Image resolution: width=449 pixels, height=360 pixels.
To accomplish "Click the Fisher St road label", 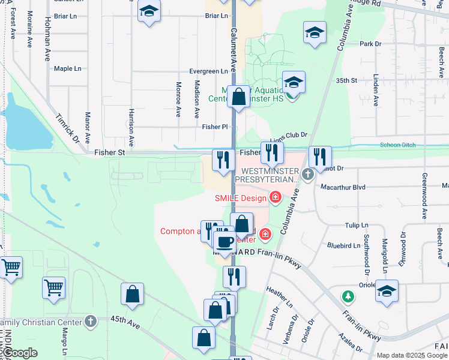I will (109, 153).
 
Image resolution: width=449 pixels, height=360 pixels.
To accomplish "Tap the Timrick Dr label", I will (68, 127).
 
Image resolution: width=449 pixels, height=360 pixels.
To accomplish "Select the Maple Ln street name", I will (67, 69).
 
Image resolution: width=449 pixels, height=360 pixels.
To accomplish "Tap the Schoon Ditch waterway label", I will (396, 146).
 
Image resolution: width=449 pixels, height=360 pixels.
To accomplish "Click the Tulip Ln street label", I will (357, 225).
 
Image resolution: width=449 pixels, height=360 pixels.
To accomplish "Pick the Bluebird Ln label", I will (343, 245).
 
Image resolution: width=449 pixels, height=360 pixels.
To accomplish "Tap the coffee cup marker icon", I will (225, 242).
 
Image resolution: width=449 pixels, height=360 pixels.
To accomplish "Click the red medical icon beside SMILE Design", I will (276, 197).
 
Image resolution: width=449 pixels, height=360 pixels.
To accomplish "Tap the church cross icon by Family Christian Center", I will (91, 322).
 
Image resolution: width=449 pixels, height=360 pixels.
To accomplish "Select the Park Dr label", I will (370, 44).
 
